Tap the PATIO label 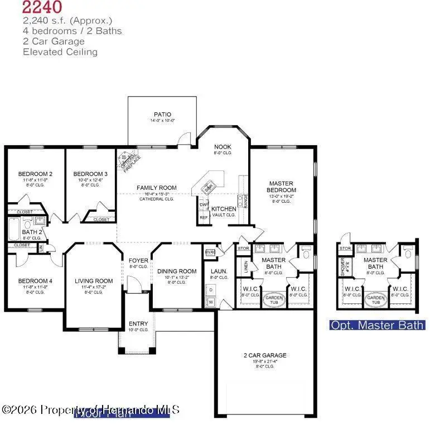click(x=162, y=115)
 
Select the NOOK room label click(x=223, y=147)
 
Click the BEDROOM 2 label click(x=35, y=174)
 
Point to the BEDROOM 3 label click(x=90, y=174)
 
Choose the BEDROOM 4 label click(x=35, y=281)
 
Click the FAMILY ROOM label click(x=157, y=188)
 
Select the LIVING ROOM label click(x=94, y=281)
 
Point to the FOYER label click(x=138, y=260)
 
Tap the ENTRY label click(x=138, y=324)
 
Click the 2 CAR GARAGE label click(x=265, y=355)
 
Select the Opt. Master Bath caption click(x=377, y=325)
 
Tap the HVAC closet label click(x=210, y=252)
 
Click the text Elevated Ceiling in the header click(x=60, y=52)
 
